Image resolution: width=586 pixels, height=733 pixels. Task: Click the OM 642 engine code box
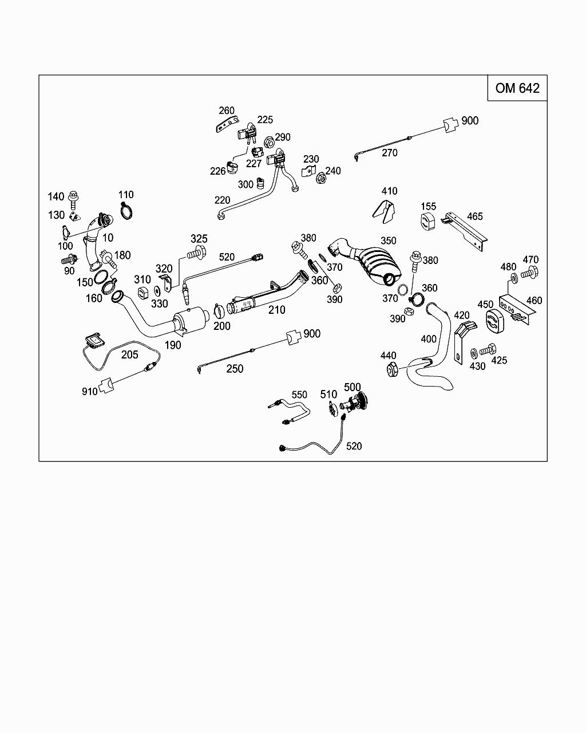pyautogui.click(x=517, y=88)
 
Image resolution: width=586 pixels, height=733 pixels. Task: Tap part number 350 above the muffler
pyautogui.click(x=388, y=241)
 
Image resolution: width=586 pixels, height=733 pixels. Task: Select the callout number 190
pyautogui.click(x=172, y=345)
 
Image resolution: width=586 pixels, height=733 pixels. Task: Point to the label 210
pyautogui.click(x=277, y=310)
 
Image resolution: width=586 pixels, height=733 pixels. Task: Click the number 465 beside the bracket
pyautogui.click(x=475, y=216)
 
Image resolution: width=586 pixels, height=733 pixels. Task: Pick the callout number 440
pyautogui.click(x=388, y=356)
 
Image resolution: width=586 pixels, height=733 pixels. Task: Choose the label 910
pyautogui.click(x=90, y=392)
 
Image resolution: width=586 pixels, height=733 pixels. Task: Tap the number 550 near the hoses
pyautogui.click(x=299, y=395)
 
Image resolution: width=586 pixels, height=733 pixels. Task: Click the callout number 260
pyautogui.click(x=227, y=111)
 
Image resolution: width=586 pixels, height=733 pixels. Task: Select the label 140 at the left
pyautogui.click(x=56, y=196)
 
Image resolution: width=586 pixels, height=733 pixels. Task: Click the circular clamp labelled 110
pyautogui.click(x=127, y=211)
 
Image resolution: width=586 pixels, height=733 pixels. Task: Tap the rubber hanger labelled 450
pyautogui.click(x=491, y=322)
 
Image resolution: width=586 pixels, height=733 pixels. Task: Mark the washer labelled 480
pyautogui.click(x=514, y=278)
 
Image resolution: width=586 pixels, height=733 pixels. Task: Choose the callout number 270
pyautogui.click(x=389, y=153)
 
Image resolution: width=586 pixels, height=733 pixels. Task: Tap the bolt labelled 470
pyautogui.click(x=529, y=274)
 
